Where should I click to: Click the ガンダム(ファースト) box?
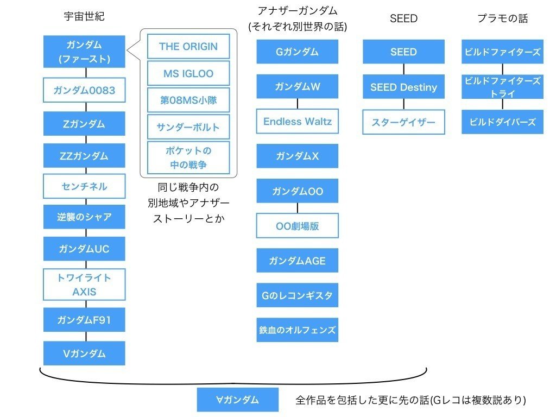click(x=84, y=52)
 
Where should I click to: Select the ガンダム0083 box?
click(x=84, y=90)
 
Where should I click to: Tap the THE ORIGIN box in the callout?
click(x=188, y=46)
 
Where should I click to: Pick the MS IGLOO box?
click(x=188, y=73)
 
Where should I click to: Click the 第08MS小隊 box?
click(x=188, y=100)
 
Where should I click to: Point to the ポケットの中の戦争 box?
click(x=188, y=157)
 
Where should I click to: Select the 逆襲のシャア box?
click(x=84, y=217)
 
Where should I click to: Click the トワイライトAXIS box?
click(x=84, y=285)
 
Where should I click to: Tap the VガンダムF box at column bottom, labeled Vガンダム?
click(x=84, y=353)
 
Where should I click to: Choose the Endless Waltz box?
click(x=298, y=121)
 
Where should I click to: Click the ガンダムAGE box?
click(x=298, y=261)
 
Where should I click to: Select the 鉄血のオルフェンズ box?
click(x=298, y=330)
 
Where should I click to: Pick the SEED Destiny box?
click(x=403, y=87)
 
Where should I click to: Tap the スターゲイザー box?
click(x=403, y=122)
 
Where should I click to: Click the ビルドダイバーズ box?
click(x=502, y=122)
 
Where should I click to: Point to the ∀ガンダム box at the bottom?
click(x=238, y=400)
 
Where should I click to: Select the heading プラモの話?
click(x=502, y=18)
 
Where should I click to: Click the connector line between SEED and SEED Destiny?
click(x=403, y=69)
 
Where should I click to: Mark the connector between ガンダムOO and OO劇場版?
click(x=298, y=208)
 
